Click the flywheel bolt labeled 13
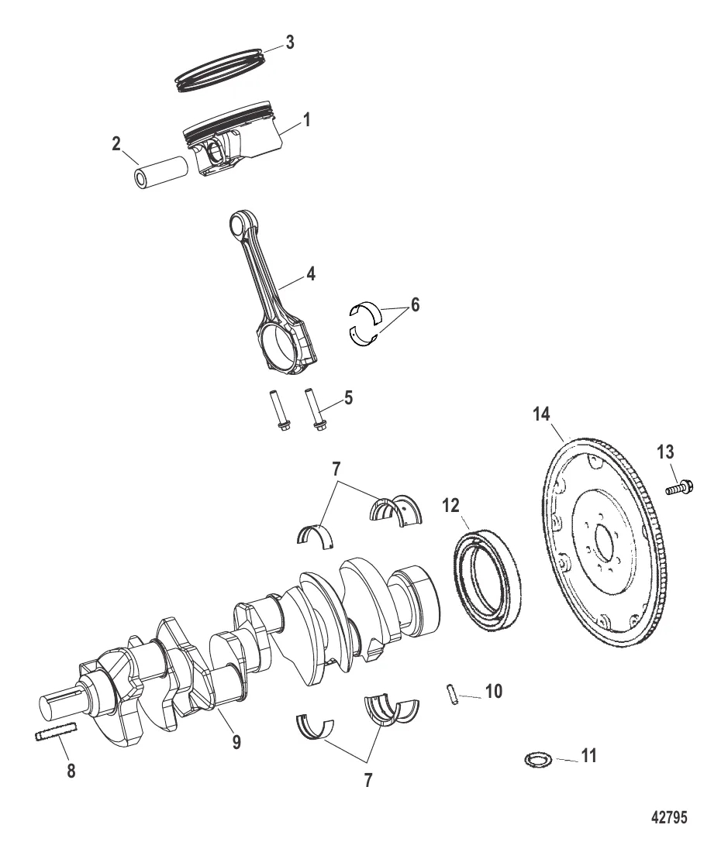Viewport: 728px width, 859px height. pyautogui.click(x=678, y=487)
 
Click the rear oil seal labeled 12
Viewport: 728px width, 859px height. pyautogui.click(x=485, y=573)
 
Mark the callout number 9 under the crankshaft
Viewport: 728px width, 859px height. pyautogui.click(x=236, y=743)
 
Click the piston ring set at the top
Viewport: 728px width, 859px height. pyautogui.click(x=220, y=72)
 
